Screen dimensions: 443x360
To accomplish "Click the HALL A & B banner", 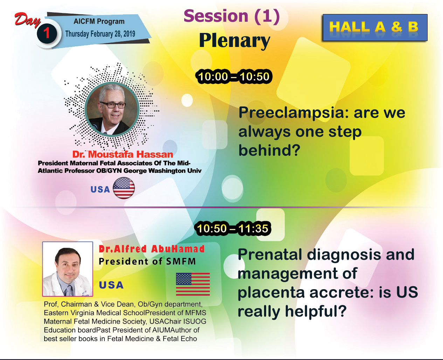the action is (375, 27).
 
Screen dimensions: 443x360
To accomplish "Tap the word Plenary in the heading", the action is (235, 41).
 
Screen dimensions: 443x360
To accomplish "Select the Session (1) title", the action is (232, 16).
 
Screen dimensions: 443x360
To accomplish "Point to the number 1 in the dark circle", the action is (47, 33).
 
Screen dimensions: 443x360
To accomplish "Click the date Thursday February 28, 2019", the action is (100, 34).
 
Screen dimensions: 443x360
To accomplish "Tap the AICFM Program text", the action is (99, 21).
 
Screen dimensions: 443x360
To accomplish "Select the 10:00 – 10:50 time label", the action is (234, 76).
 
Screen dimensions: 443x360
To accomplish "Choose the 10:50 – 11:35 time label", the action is (233, 229).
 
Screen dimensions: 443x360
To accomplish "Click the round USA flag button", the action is (124, 188).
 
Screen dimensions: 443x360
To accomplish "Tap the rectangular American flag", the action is (193, 284).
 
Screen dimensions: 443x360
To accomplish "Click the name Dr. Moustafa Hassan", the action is (123, 155).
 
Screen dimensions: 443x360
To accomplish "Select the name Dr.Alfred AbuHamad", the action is (152, 249).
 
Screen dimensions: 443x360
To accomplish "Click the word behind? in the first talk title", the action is (269, 150).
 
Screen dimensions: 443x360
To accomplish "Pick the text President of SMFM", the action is (147, 261).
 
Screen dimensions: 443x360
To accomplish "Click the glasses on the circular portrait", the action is (112, 104).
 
